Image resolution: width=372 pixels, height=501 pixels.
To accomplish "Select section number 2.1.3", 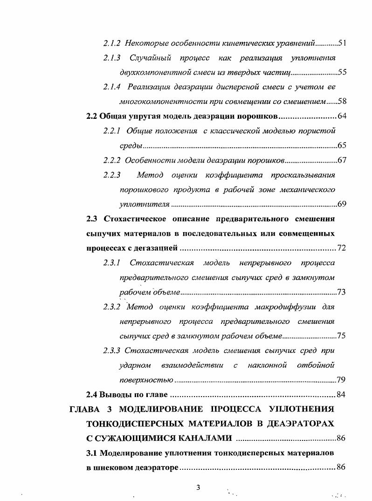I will click(x=112, y=58).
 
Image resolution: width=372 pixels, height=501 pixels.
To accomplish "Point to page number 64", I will click(x=341, y=116).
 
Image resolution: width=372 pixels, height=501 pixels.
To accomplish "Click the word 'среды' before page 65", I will click(x=131, y=146).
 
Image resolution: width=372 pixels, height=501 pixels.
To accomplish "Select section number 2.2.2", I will click(x=112, y=161).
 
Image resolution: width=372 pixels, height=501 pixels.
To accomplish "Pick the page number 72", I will click(x=341, y=248).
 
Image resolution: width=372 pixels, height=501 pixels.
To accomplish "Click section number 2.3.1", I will click(x=112, y=263).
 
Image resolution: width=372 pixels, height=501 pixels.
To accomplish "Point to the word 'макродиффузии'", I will click(x=285, y=307).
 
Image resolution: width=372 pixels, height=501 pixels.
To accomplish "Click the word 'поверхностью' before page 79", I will click(x=146, y=380).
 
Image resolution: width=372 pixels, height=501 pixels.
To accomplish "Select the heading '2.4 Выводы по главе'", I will click(x=127, y=395).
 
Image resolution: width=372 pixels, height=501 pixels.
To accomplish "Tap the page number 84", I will click(x=341, y=395).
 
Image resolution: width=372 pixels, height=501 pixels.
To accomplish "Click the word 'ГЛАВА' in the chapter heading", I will click(x=85, y=410).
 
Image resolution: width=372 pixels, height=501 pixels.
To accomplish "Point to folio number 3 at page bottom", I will click(x=198, y=487).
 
